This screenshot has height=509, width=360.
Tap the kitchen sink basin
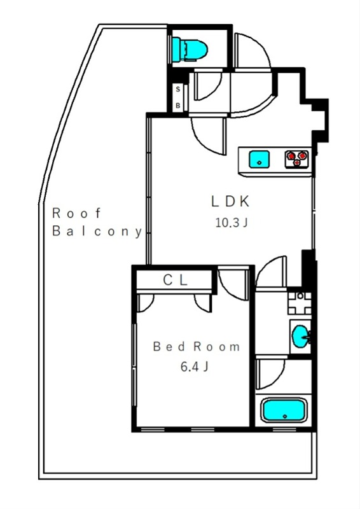click(x=259, y=160)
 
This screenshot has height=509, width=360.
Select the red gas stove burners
click(x=296, y=158)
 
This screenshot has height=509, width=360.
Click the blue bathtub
click(x=284, y=410)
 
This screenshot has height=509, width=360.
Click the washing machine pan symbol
click(x=300, y=303)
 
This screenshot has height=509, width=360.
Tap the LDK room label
click(x=230, y=202)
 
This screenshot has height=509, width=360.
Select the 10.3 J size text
click(x=232, y=223)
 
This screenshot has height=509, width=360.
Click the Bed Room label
click(x=197, y=347)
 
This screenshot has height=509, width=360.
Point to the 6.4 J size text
click(x=195, y=367)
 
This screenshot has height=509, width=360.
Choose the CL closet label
click(x=176, y=280)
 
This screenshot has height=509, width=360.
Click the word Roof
click(x=76, y=213)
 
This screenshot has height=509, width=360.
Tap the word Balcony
click(x=97, y=232)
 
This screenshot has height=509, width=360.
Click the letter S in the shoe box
click(x=178, y=90)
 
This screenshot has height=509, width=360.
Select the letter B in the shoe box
click(x=178, y=106)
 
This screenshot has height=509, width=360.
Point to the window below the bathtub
click(x=284, y=429)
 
